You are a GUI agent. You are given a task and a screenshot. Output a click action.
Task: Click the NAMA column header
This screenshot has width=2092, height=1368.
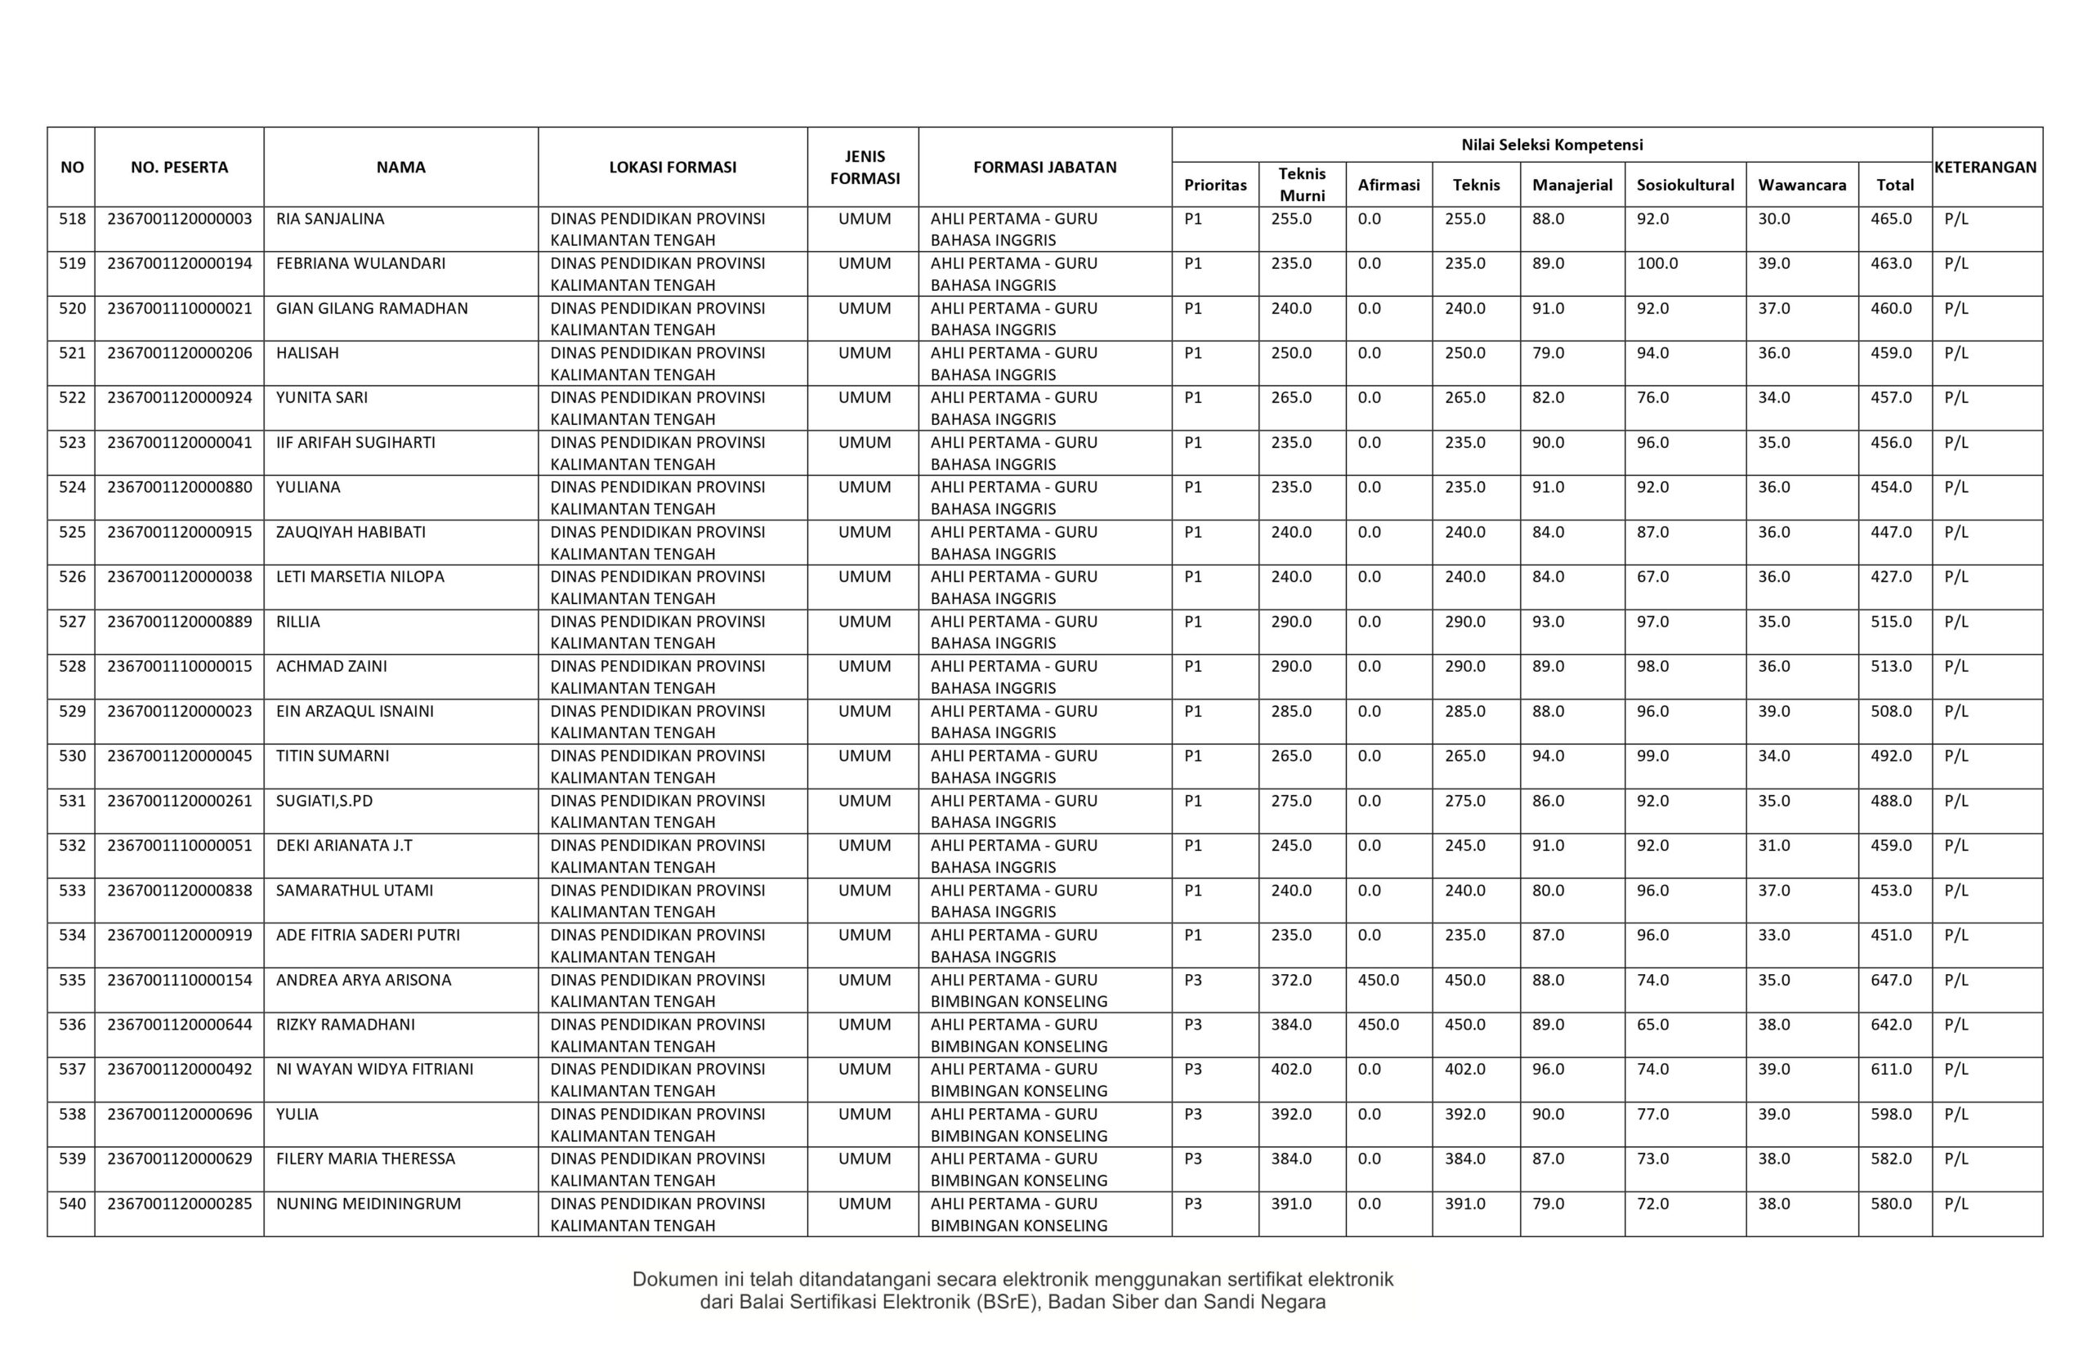[x=400, y=167]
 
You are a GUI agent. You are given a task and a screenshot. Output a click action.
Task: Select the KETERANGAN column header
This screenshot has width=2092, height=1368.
[x=1986, y=167]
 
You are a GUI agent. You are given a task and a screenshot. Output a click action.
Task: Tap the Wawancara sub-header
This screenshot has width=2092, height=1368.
[x=1801, y=185]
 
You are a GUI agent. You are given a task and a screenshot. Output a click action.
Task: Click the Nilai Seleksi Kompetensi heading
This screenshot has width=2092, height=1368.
[x=1551, y=144]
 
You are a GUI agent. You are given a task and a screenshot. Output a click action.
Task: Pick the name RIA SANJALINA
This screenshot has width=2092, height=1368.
[x=329, y=219]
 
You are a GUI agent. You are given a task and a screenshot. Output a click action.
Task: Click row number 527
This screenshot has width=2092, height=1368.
[x=72, y=622]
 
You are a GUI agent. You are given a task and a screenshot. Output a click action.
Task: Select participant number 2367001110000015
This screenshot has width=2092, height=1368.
[x=179, y=666]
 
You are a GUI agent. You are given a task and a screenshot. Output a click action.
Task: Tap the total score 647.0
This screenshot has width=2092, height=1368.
[x=1891, y=979]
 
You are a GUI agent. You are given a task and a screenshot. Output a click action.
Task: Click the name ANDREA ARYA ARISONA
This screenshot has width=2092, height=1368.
[x=363, y=979]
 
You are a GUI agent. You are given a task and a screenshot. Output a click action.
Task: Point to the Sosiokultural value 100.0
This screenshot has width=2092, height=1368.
[x=1657, y=264]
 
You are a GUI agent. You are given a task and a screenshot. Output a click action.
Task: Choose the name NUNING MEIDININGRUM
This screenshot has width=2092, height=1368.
[x=369, y=1204]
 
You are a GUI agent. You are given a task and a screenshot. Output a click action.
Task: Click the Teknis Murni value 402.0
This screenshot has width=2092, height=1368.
[x=1290, y=1069]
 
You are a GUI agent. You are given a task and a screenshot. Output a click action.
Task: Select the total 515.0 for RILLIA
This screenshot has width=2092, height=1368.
[x=1891, y=622]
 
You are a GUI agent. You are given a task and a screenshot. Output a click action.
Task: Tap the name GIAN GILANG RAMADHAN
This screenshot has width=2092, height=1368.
[x=372, y=309]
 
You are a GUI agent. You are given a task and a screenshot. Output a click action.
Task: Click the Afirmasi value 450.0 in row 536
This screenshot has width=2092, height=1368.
[x=1378, y=1024]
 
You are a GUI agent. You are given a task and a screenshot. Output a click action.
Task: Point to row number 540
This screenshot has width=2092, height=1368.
[x=72, y=1204]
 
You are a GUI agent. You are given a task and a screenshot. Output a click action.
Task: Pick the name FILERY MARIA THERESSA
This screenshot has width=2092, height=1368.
[x=365, y=1159]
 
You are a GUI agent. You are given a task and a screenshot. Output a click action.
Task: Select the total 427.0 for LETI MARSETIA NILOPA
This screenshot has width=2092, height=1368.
[x=1891, y=577]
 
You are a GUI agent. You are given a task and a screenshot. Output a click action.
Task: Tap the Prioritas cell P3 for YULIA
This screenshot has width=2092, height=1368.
[x=1192, y=1114]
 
